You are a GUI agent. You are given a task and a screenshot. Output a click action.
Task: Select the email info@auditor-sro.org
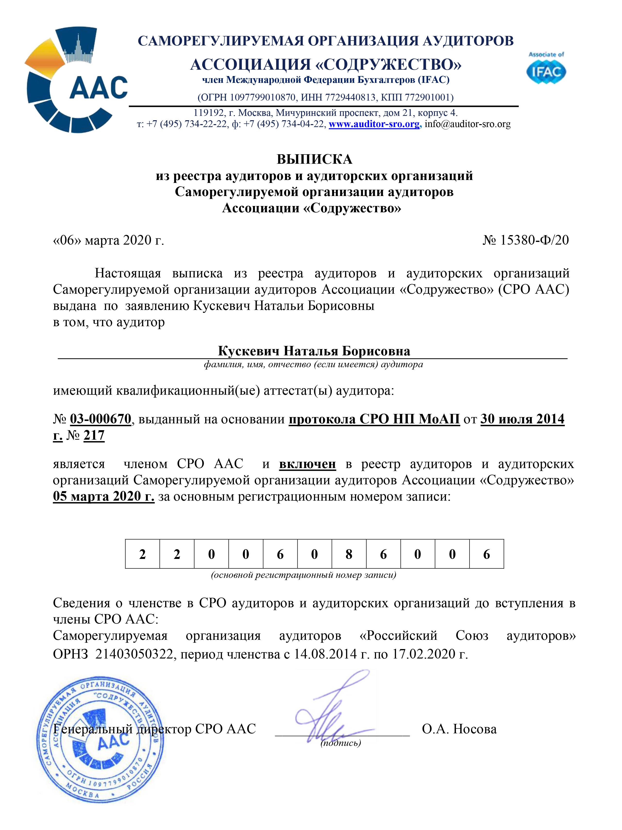coord(468,124)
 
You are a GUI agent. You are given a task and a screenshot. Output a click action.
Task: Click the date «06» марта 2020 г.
coord(109,240)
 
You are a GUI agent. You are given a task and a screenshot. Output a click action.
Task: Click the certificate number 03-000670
coord(101,419)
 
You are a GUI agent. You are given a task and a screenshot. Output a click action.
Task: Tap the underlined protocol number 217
coord(94,435)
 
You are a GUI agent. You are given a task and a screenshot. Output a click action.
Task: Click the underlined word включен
coord(307,464)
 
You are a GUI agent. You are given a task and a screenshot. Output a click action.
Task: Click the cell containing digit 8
coord(349,554)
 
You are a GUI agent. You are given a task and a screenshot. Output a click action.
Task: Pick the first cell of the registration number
coord(143,554)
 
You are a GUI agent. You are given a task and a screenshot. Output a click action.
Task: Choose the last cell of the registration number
coord(486,554)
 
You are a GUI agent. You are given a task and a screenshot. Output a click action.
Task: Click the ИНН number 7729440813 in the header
coord(351,98)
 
